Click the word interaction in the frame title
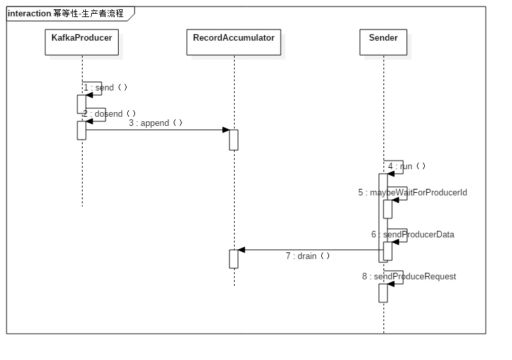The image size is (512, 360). point(30,13)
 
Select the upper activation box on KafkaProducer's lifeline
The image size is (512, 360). point(81,104)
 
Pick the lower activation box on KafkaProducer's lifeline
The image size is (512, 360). point(81,130)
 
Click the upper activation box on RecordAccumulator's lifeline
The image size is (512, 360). point(233,140)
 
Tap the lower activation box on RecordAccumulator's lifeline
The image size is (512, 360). point(233,258)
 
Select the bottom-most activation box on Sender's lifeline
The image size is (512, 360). point(383,292)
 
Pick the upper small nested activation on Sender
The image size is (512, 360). point(387,209)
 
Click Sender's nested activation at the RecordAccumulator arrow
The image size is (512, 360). point(387,251)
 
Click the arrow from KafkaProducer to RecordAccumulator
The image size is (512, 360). point(157,129)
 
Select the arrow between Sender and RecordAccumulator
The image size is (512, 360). point(308,249)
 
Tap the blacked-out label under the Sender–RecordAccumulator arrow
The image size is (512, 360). point(306,256)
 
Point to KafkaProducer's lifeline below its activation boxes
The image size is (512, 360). point(81,177)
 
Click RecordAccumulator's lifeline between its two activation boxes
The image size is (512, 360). point(233,197)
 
